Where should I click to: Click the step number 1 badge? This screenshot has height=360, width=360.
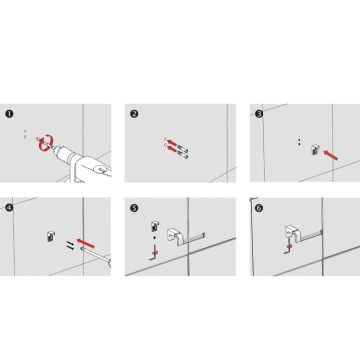tap(9, 114)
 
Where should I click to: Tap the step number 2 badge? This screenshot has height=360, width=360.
tap(134, 114)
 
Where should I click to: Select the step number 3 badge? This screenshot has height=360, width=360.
tap(259, 114)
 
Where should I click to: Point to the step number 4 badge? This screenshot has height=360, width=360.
tap(9, 208)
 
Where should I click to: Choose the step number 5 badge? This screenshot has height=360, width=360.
tap(134, 208)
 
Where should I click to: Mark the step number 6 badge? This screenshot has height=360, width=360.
tap(259, 208)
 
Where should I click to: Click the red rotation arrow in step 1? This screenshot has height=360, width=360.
tap(46, 142)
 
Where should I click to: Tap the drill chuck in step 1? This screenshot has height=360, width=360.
tap(61, 154)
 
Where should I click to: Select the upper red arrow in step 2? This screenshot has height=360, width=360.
tap(172, 143)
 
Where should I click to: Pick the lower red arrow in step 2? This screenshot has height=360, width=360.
tap(172, 150)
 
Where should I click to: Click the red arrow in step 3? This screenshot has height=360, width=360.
tap(331, 154)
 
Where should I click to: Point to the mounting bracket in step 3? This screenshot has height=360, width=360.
tap(314, 150)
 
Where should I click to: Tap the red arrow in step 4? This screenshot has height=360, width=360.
tap(86, 243)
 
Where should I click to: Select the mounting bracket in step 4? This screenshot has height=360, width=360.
tap(50, 236)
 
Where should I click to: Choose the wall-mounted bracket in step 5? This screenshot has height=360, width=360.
tap(155, 227)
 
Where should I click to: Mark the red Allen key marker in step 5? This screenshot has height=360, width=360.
tap(155, 253)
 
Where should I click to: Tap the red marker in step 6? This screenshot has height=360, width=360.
tap(289, 246)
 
